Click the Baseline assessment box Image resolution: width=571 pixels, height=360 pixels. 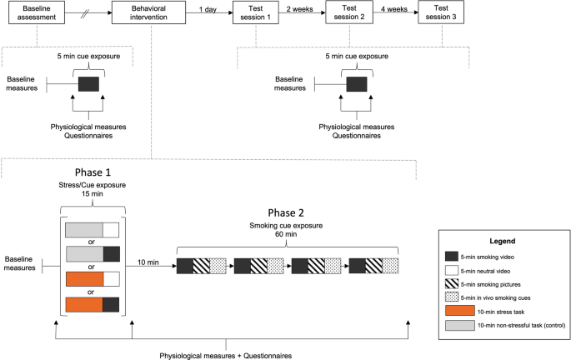tap(37, 12)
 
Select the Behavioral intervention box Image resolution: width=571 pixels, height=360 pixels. tap(148, 12)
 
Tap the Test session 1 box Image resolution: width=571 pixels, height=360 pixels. tap(256, 12)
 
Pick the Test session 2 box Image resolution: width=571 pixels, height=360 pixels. tap(349, 12)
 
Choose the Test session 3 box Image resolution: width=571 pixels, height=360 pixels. tap(441, 12)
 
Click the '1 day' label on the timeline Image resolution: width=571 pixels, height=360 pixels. tap(208, 9)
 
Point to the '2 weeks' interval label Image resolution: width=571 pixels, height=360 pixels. tap(299, 9)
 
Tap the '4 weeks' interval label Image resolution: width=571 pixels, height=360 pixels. tap(394, 9)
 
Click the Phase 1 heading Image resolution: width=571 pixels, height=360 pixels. tap(93, 172)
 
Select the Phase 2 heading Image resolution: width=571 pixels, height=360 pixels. tap(286, 212)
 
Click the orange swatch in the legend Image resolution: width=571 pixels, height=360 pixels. tap(459, 312)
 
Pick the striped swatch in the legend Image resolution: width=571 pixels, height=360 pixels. tap(452, 284)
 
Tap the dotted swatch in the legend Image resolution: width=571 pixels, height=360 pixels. tap(452, 297)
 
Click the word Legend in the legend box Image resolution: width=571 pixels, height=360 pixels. tap(502, 241)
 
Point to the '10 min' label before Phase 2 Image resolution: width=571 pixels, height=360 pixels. tap(148, 262)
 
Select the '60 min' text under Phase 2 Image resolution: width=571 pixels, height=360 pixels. tap(286, 234)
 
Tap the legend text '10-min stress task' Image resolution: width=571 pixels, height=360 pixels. tap(501, 312)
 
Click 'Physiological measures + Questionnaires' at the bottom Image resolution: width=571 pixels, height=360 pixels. tap(226, 356)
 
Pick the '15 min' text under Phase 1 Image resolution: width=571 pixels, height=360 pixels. tap(93, 194)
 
